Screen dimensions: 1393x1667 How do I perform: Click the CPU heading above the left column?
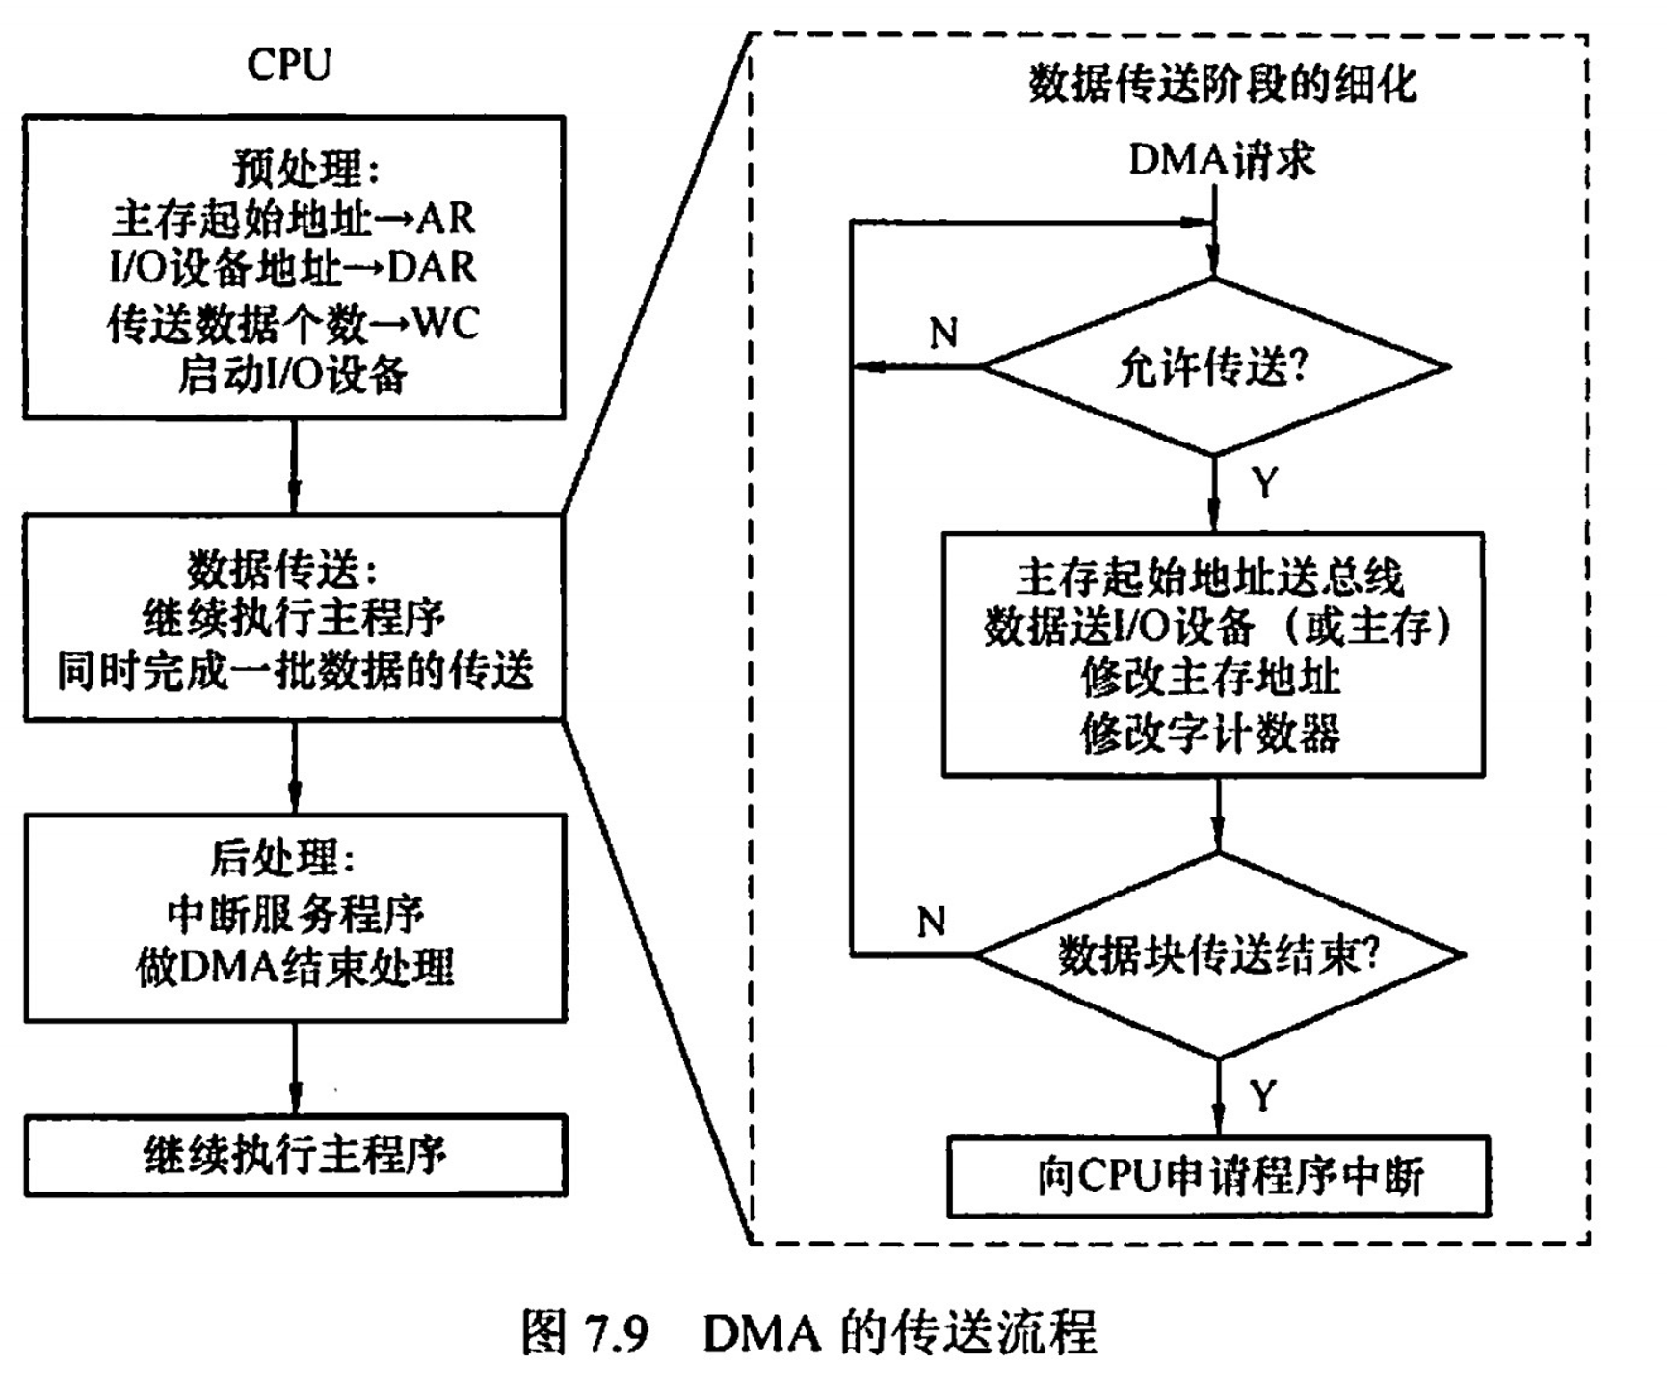289,66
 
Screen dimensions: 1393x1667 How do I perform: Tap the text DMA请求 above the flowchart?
1221,159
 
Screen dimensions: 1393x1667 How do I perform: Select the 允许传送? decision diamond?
1213,367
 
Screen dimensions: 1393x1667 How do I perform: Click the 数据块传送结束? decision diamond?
1219,955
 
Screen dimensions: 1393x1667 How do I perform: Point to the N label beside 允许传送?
943,334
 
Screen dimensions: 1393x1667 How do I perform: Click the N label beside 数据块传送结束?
931,923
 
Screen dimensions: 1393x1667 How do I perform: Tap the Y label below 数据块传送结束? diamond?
1262,1096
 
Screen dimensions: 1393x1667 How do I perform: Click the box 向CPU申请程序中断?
1219,1176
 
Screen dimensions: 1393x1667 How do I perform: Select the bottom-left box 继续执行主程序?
295,1156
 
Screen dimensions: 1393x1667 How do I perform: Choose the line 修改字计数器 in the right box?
1210,734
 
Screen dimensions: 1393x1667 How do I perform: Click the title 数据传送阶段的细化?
1222,84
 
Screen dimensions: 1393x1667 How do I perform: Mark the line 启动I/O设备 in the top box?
293,375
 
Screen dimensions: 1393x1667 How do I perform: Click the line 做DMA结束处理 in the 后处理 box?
295,968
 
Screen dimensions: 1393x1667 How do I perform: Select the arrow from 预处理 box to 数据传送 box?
294,467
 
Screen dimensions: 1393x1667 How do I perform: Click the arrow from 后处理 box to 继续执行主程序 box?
295,1068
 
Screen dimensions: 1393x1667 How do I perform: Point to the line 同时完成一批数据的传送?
295,671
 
